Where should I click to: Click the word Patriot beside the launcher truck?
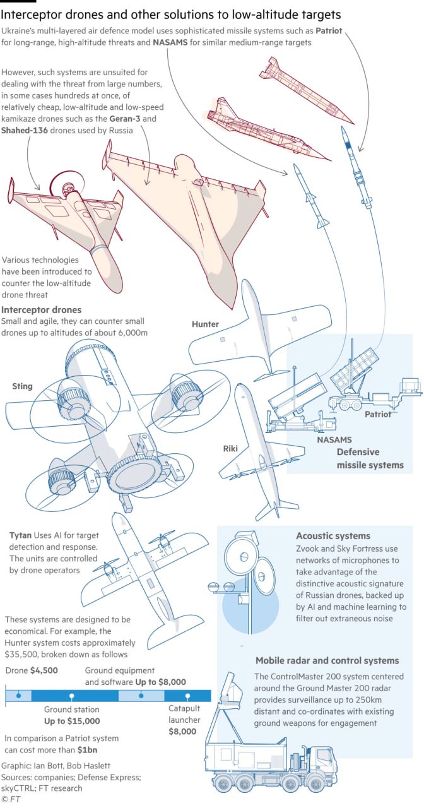click(378, 414)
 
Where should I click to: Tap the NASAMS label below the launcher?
click(334, 439)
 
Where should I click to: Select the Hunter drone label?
click(205, 324)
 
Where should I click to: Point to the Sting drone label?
click(22, 386)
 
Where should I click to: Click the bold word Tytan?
click(20, 535)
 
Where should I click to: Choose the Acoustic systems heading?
click(333, 536)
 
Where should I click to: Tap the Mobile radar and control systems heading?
click(327, 660)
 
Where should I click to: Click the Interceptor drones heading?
click(41, 310)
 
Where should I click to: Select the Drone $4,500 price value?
click(44, 670)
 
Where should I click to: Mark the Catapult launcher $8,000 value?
click(182, 732)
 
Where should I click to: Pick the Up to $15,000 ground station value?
click(72, 721)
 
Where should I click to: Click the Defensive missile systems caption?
click(369, 458)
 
